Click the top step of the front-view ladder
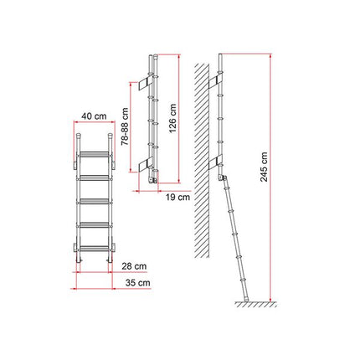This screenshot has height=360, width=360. [94, 155]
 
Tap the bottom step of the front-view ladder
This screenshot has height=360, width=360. [94, 248]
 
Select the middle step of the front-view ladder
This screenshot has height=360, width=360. [94, 201]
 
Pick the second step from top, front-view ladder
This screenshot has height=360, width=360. [94, 177]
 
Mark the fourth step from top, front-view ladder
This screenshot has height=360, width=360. [94, 224]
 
